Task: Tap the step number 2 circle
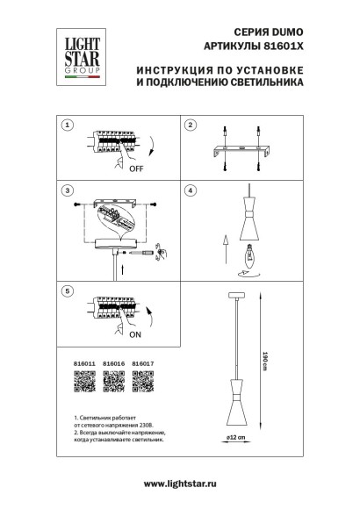(189, 125)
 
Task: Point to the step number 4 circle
(189, 190)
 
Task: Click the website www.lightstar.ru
(180, 484)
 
